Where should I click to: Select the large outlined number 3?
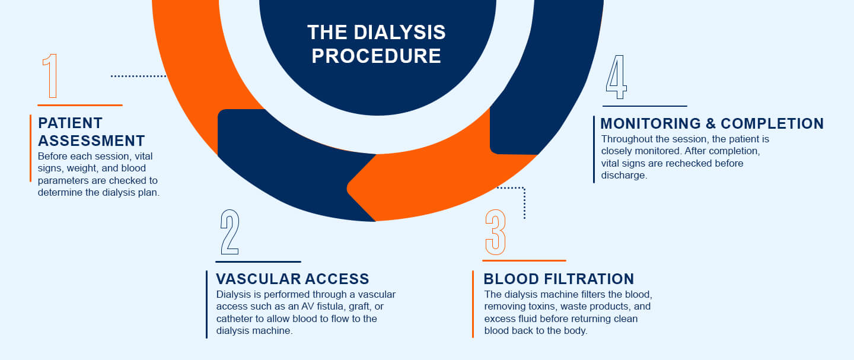(495, 232)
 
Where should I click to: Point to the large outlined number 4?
(616, 77)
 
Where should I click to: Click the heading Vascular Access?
(292, 279)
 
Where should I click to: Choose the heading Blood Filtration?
(559, 279)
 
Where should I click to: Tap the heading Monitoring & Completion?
(712, 123)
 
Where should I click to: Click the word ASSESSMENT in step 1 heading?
(91, 141)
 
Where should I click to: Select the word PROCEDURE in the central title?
(376, 56)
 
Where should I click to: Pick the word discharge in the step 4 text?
(624, 175)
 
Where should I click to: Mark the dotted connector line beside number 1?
(138, 76)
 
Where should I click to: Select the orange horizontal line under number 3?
(524, 260)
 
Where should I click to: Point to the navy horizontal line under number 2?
(258, 261)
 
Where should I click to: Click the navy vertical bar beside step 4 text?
(594, 149)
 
